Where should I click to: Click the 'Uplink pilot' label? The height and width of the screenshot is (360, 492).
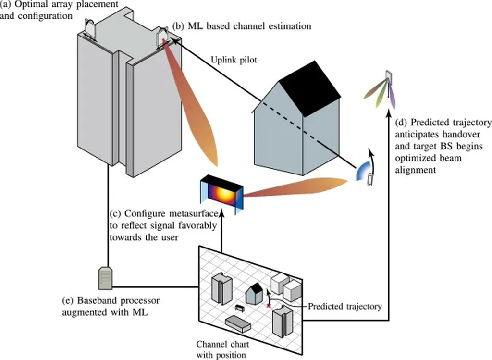234,60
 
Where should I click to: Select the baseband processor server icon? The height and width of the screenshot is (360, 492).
106,277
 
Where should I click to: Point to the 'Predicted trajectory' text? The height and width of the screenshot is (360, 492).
344,306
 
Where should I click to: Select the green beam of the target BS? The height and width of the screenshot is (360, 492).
382,97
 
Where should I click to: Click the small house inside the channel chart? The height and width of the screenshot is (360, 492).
255,293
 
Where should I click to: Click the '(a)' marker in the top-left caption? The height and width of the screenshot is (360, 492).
6,4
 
